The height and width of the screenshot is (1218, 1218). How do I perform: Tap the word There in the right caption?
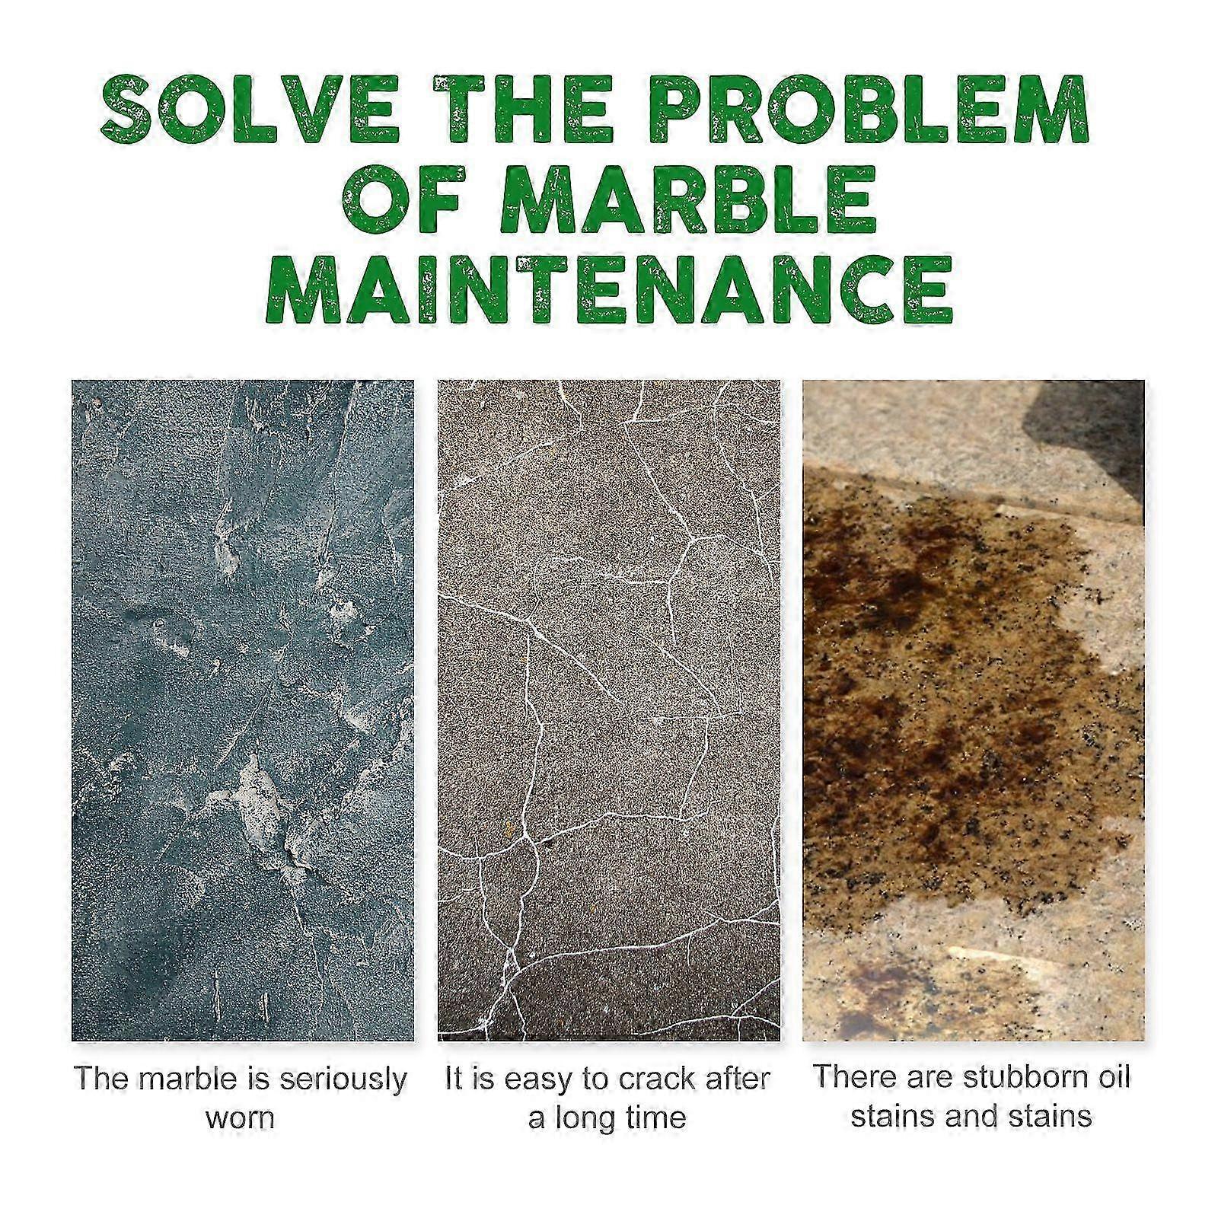tap(853, 1078)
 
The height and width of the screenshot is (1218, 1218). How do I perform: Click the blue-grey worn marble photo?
tap(243, 710)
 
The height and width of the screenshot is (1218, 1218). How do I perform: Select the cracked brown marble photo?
tap(609, 710)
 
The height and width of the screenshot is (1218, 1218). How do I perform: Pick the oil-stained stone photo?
tap(974, 710)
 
